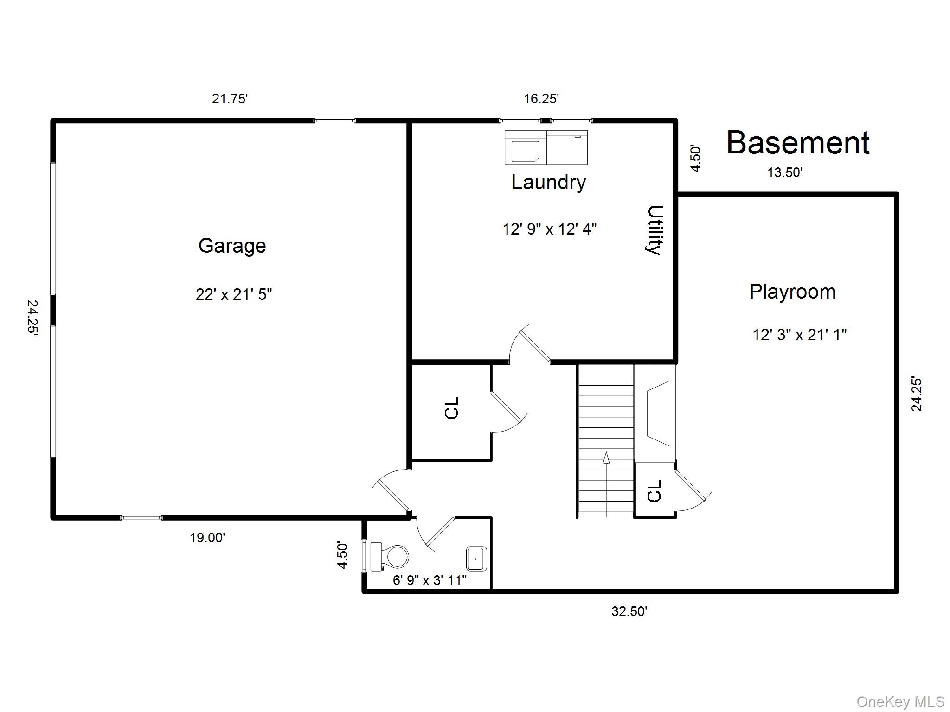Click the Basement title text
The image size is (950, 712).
tap(797, 143)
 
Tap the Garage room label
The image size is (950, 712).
tap(232, 246)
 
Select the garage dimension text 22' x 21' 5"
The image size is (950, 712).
tap(234, 294)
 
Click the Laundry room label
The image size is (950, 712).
tap(548, 182)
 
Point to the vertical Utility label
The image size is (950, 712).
tap(655, 230)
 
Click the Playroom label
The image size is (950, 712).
tap(792, 292)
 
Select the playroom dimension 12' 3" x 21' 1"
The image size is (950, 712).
tap(799, 335)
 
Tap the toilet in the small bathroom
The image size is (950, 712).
tap(390, 556)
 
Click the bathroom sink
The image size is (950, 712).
tap(476, 559)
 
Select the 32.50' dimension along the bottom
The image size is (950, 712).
tap(629, 611)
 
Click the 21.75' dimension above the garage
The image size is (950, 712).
tap(230, 99)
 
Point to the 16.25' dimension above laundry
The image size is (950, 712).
tap(541, 99)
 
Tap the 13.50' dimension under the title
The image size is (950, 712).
tap(785, 173)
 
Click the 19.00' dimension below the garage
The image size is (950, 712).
tap(207, 538)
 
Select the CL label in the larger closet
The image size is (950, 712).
tap(451, 408)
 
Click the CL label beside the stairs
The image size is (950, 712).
tap(654, 491)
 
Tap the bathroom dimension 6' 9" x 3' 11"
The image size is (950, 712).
tap(430, 580)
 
